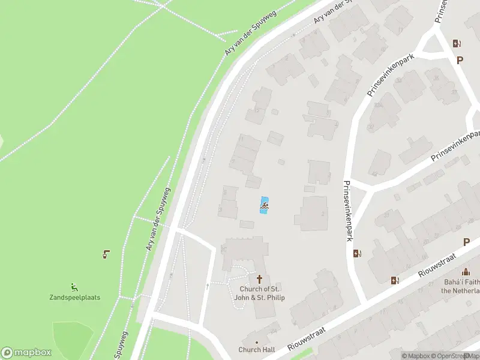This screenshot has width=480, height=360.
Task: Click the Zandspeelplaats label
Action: tap(74, 297)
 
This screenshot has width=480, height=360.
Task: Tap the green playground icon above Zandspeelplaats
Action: tap(75, 286)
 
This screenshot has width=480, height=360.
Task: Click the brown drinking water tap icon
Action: tap(106, 254)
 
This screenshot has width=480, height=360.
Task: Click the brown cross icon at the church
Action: tap(260, 279)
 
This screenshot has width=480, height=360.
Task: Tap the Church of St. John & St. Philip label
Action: tap(259, 293)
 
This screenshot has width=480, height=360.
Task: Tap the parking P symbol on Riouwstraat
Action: tap(466, 242)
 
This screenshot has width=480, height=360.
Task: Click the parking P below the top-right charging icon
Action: tap(460, 60)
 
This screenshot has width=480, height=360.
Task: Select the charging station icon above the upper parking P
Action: tap(457, 43)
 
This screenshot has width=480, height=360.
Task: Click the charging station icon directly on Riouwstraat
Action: tap(395, 280)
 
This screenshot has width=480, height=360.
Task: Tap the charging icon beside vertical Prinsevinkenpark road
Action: tap(358, 253)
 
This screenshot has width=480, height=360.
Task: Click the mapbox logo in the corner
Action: tap(26, 353)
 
